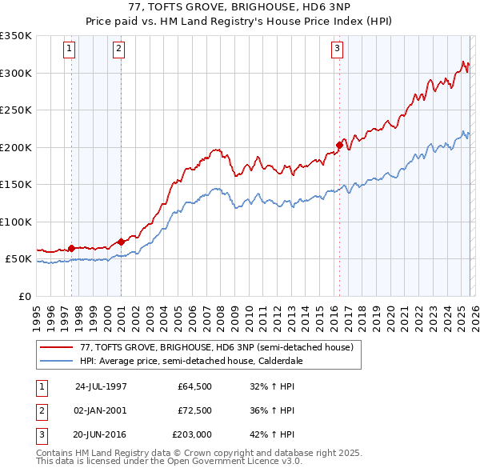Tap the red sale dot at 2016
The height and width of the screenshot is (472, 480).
339,146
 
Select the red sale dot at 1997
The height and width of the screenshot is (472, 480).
72,248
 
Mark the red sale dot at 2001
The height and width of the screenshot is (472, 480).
121,242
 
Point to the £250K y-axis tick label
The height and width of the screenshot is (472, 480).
16,110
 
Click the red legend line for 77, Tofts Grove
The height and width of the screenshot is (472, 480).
57,348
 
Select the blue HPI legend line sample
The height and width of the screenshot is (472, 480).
57,361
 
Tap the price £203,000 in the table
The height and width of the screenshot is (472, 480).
191,436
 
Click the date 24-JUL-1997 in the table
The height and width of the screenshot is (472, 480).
101,385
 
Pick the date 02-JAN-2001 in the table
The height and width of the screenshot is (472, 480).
101,410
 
